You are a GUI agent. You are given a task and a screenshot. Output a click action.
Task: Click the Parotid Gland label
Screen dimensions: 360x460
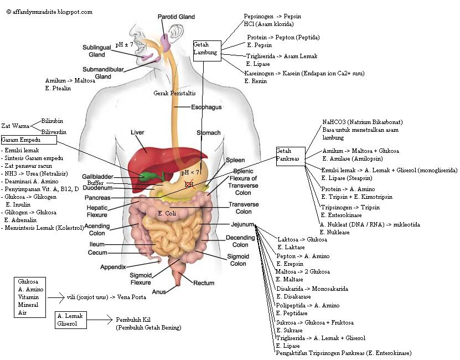176,17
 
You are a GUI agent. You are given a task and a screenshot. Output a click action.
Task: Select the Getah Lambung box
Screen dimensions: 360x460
206,49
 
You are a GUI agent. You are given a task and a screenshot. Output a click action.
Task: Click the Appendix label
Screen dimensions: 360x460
113,267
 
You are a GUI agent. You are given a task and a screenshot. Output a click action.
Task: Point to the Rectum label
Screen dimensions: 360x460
203,283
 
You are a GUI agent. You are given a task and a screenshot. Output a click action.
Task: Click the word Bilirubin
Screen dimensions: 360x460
52,121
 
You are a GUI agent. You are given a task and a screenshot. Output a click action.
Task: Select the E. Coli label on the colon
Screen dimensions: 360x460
167,213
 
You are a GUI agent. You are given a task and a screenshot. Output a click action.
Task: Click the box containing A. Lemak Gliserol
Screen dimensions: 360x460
71,320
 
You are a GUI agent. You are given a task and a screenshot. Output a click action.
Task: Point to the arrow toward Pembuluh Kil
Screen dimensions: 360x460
100,320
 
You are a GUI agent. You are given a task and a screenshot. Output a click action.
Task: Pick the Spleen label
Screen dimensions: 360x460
235,160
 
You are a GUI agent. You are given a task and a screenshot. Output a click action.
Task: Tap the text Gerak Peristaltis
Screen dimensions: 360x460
174,93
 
